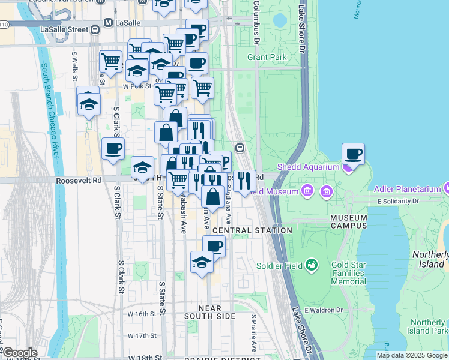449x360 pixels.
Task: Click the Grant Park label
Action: click(267, 58)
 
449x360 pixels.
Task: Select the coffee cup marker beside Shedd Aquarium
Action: click(354, 155)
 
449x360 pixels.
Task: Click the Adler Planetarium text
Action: click(408, 189)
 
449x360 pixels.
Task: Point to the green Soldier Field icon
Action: click(311, 265)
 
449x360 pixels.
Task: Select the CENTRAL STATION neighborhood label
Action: click(252, 230)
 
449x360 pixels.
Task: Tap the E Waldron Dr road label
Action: click(323, 310)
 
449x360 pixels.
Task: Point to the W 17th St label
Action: click(143, 335)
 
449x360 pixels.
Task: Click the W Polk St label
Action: click(135, 86)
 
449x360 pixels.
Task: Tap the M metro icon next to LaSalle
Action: click(109, 23)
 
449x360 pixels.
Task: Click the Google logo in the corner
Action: click(19, 353)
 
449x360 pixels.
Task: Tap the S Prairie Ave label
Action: click(253, 333)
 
